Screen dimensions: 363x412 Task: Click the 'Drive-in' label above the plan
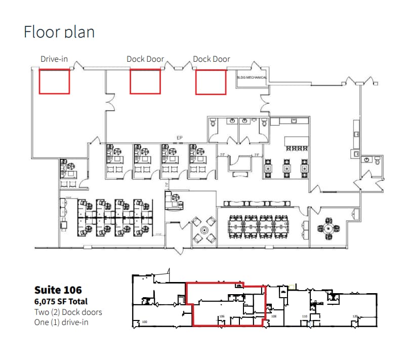(54, 59)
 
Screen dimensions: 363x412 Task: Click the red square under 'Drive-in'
(55, 82)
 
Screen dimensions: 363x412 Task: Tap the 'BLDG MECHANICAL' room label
(252, 77)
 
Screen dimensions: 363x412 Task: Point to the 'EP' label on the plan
(179, 137)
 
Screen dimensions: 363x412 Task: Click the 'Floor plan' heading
(59, 31)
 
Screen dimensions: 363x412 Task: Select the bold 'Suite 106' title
(58, 290)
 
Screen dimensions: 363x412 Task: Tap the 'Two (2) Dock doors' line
(68, 312)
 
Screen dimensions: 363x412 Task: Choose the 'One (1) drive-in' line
(61, 322)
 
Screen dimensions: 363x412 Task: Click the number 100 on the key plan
(144, 322)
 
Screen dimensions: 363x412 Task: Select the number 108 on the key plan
(274, 316)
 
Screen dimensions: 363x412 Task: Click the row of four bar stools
(297, 148)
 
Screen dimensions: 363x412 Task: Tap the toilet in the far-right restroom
(377, 160)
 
